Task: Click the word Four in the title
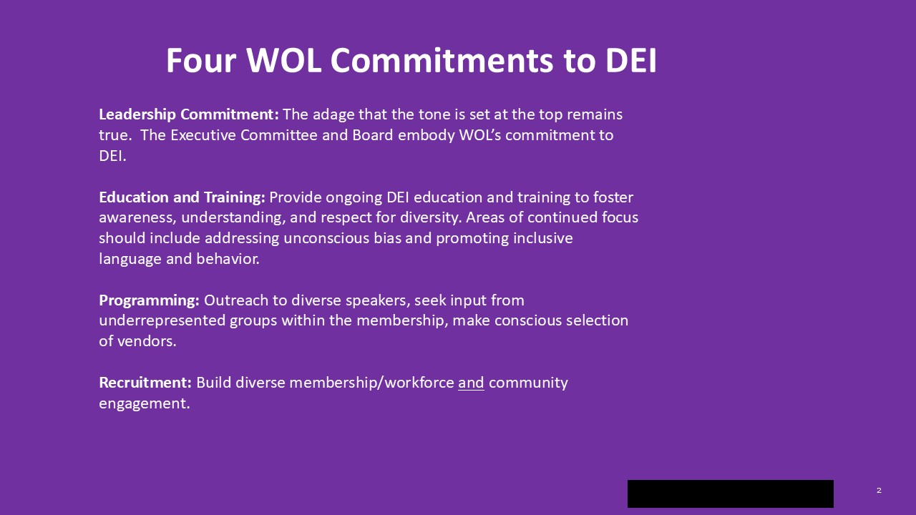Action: pyautogui.click(x=201, y=61)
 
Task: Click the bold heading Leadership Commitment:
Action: pyautogui.click(x=189, y=115)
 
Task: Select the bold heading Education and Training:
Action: pyautogui.click(x=182, y=197)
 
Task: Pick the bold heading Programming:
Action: pyautogui.click(x=150, y=301)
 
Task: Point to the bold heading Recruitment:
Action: pyautogui.click(x=145, y=383)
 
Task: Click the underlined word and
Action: pyautogui.click(x=471, y=383)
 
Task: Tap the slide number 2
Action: pyautogui.click(x=879, y=490)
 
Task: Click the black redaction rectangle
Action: pyautogui.click(x=731, y=494)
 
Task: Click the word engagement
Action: pyautogui.click(x=145, y=404)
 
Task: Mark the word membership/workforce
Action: pyautogui.click(x=371, y=383)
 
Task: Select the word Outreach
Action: pyautogui.click(x=236, y=301)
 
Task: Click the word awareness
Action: pyautogui.click(x=137, y=218)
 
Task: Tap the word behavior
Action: pyautogui.click(x=228, y=259)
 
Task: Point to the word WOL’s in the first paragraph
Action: pyautogui.click(x=480, y=135)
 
